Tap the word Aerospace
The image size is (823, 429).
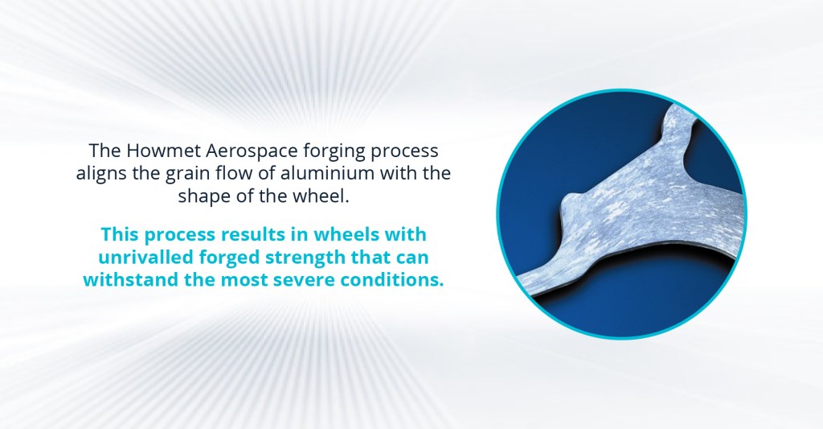(252, 151)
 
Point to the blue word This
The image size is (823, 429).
(121, 234)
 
